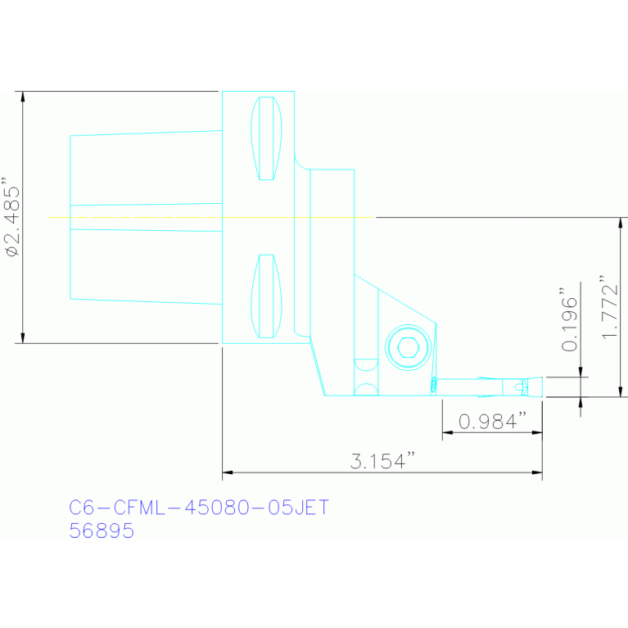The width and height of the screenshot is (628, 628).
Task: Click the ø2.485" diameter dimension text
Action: tap(11, 217)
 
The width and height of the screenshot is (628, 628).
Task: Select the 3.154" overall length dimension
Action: tap(378, 462)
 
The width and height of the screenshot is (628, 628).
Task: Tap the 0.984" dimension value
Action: tap(491, 422)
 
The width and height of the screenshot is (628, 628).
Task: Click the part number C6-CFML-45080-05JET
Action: tap(199, 508)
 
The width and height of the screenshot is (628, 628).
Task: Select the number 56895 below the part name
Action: tap(102, 531)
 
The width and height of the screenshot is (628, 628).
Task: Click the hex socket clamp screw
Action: tap(407, 348)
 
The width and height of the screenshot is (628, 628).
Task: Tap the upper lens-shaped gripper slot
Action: tap(266, 138)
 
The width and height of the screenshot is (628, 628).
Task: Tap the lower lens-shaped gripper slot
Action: tap(266, 296)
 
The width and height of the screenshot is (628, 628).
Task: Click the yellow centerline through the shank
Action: tap(164, 217)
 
